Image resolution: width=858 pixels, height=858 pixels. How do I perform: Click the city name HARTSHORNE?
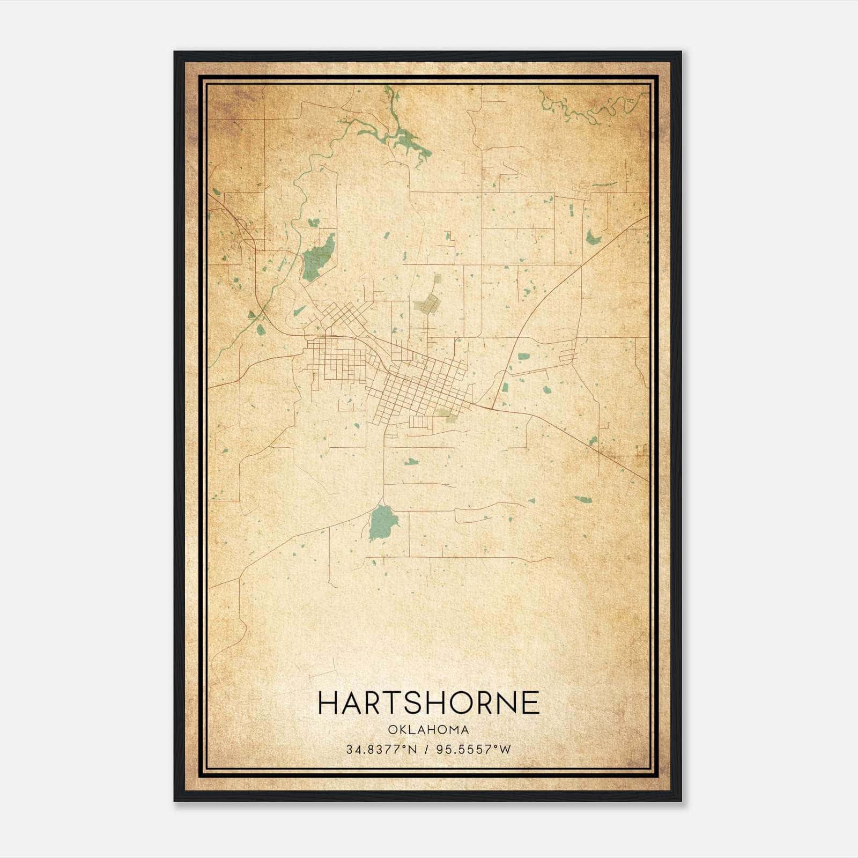click(428, 703)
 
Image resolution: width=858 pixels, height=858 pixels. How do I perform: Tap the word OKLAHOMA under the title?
click(428, 730)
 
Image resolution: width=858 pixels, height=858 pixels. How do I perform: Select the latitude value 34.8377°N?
click(381, 750)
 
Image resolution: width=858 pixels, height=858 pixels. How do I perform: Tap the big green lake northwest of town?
click(317, 258)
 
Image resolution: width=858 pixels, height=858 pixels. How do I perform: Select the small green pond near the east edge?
click(592, 236)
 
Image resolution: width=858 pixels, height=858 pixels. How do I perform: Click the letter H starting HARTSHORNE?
click(328, 703)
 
